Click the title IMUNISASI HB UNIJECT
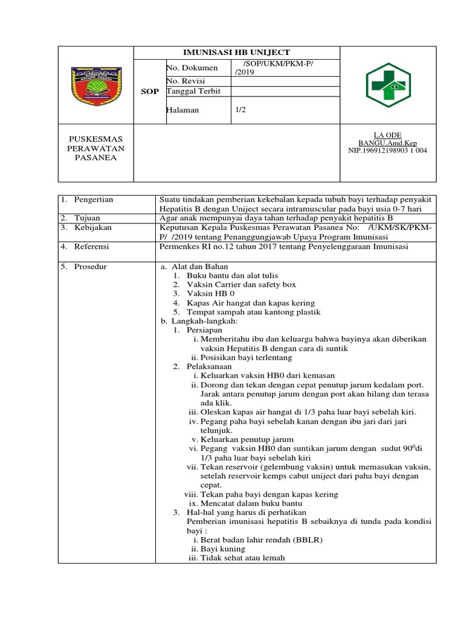coord(236,53)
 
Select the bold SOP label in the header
coord(150,92)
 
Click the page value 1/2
coord(241,110)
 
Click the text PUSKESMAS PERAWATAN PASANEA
coord(96,148)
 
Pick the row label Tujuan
coord(88,217)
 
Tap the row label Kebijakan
coord(94,228)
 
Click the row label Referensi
coord(94,246)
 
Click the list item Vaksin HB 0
coord(210,293)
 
